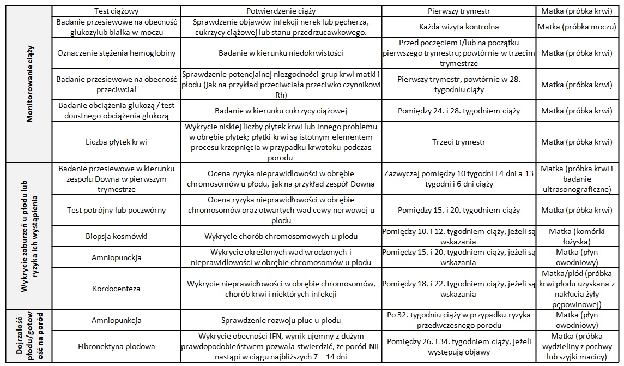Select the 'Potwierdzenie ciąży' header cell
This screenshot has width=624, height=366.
click(x=281, y=11)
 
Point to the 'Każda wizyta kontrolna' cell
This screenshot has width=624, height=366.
click(x=459, y=27)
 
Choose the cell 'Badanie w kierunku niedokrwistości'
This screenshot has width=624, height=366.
click(x=281, y=53)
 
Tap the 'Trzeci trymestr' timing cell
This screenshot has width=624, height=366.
click(x=459, y=142)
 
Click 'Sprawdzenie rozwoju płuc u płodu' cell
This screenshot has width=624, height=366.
click(x=281, y=320)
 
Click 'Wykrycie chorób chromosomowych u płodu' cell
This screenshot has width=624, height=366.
click(x=281, y=237)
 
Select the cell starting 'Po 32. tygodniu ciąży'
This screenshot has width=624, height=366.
click(x=459, y=320)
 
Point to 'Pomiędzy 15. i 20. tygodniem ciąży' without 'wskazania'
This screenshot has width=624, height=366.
click(x=459, y=210)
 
